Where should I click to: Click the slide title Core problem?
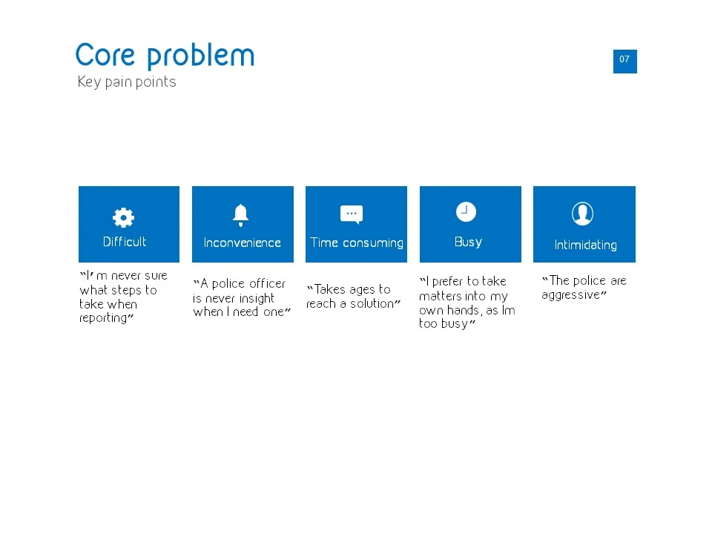[x=165, y=56]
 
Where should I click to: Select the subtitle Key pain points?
[x=127, y=82]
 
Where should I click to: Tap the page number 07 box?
[x=624, y=61]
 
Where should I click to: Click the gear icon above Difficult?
[x=123, y=217]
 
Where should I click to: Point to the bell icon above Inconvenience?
[x=240, y=215]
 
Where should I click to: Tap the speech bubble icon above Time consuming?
[x=352, y=214]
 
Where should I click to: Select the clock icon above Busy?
[x=466, y=212]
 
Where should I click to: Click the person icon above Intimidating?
[x=582, y=214]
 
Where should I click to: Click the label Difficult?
[x=125, y=242]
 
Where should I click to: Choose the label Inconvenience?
[x=243, y=243]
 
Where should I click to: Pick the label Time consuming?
[x=357, y=243]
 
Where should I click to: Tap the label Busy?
[x=468, y=242]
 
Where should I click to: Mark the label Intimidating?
[x=585, y=245]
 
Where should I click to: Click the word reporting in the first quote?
[x=103, y=318]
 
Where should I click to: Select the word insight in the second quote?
[x=256, y=298]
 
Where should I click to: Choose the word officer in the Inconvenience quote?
[x=267, y=284]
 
